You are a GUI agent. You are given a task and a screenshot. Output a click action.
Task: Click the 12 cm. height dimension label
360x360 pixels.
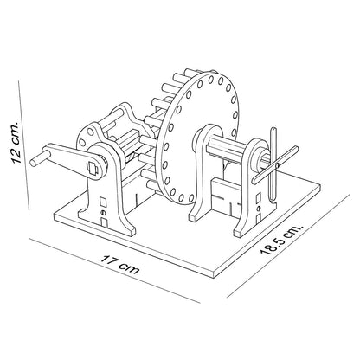tap(15, 142)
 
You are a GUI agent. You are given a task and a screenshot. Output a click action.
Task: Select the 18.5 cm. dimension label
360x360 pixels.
tap(281, 238)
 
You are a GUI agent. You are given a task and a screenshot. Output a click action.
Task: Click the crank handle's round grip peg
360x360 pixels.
tap(37, 158)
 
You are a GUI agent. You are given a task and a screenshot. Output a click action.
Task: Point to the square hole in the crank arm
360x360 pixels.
tap(93, 168)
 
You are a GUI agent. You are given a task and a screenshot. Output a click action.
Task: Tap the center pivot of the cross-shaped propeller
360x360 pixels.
tap(277, 165)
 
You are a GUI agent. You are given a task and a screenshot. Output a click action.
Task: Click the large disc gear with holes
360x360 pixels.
tap(196, 138)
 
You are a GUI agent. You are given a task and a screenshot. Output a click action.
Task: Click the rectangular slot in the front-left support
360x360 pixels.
tap(103, 202)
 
